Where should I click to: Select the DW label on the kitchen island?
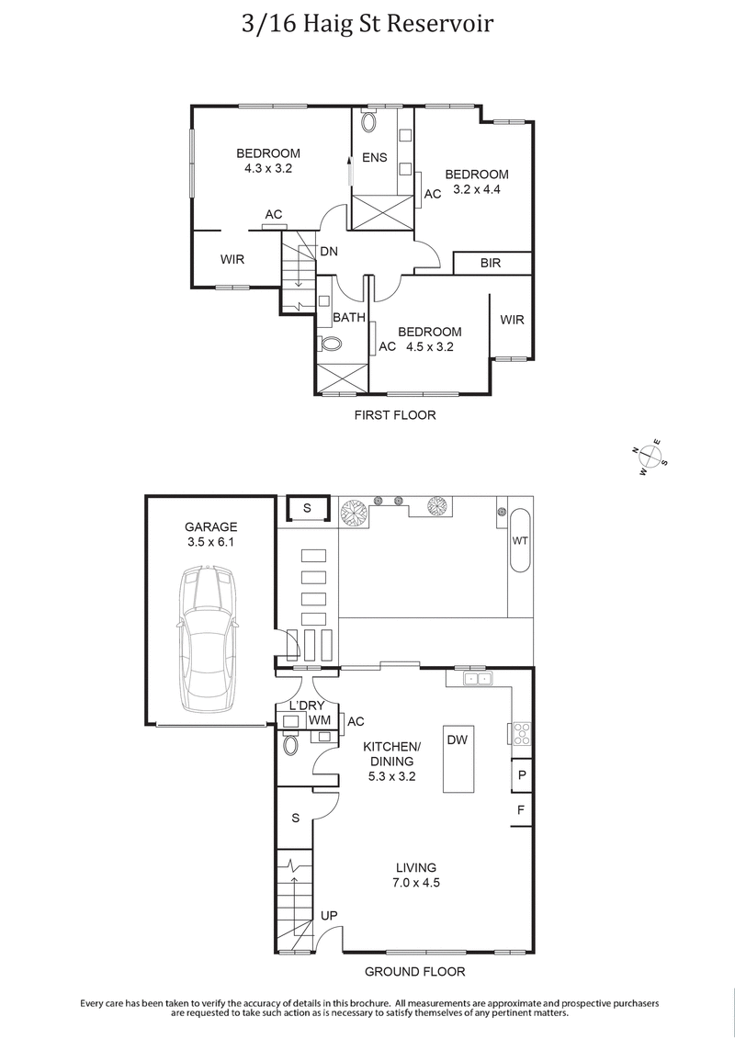pos(457,740)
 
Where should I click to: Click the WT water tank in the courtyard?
pos(520,540)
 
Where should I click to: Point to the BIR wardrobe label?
pos(491,264)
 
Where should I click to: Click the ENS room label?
pos(374,158)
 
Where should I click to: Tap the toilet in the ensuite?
pos(369,122)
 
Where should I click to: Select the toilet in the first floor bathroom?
pos(331,344)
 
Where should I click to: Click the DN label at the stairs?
pos(328,251)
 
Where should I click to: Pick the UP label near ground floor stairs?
pos(328,915)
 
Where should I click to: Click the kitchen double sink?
pos(478,679)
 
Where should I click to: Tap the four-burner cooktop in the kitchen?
pos(521,733)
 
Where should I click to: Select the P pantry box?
pos(522,775)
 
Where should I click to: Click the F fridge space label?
pos(521,810)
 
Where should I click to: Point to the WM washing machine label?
pos(320,720)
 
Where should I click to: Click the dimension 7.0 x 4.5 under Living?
pos(415,884)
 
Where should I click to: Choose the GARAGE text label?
pos(210,526)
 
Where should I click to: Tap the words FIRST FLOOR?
pos(395,415)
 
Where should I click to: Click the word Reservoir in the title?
pos(440,23)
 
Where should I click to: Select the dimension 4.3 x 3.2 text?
pos(267,168)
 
